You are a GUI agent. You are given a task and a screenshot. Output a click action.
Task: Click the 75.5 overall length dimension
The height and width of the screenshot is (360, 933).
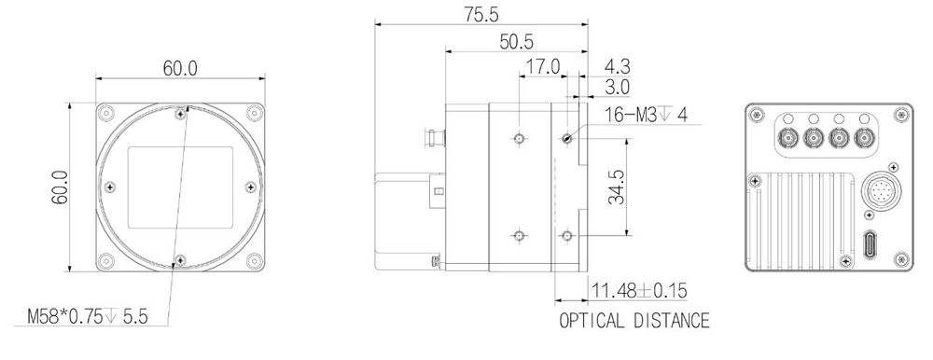(x=481, y=14)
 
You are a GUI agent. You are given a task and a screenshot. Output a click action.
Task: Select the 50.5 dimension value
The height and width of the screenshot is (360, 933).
(x=516, y=42)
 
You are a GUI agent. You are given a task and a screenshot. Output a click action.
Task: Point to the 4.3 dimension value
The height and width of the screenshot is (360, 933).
(x=617, y=65)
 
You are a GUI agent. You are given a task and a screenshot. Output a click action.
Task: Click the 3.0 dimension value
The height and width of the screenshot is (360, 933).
(x=617, y=88)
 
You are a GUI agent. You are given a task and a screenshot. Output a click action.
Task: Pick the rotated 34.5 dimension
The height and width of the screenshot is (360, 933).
(x=617, y=187)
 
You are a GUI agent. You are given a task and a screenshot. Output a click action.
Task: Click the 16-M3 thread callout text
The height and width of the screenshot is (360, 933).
(x=646, y=114)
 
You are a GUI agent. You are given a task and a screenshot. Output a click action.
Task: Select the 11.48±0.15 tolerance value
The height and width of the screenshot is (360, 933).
(x=639, y=291)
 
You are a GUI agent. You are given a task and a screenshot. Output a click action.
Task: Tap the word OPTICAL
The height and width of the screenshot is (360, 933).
(x=592, y=321)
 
